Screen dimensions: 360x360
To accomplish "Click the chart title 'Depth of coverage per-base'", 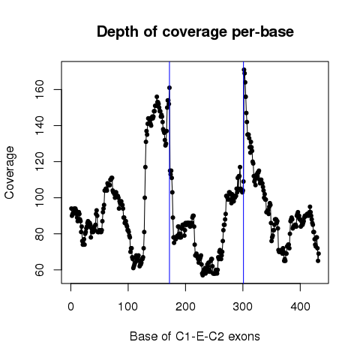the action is point(195,32).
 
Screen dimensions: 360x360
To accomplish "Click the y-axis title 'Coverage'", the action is point(10,172).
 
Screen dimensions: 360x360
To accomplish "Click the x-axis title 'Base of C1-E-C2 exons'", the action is point(195,337).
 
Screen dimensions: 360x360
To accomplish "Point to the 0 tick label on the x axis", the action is point(70,307).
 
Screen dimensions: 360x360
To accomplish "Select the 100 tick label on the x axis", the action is point(128,307).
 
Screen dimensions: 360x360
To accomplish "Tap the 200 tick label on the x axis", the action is point(185,307).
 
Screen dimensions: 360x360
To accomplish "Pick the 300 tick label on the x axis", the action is point(243,307).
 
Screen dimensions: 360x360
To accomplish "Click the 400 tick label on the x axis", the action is point(300,307).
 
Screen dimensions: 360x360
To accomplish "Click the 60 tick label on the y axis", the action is point(40,270).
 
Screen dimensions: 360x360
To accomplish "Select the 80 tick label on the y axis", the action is point(40,234).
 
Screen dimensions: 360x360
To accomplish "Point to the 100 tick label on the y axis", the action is point(40,197).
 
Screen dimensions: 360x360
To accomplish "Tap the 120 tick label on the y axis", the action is point(40,161).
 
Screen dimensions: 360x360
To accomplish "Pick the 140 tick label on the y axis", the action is point(40,125).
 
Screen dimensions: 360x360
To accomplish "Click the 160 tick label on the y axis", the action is point(40,89).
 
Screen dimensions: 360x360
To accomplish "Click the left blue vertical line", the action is point(169,172).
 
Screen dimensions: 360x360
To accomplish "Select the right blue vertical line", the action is point(243,172).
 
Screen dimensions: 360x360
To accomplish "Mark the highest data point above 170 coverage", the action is point(244,70).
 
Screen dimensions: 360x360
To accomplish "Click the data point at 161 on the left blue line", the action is point(169,88).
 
